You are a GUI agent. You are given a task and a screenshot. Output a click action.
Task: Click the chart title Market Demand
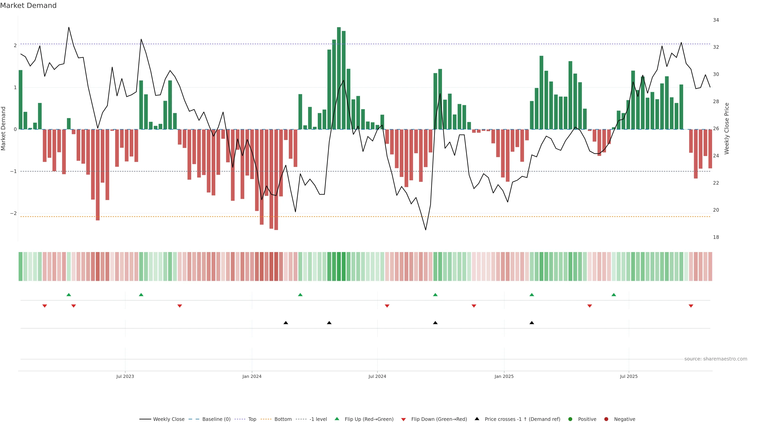(28, 6)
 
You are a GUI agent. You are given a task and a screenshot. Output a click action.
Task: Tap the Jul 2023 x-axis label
(125, 376)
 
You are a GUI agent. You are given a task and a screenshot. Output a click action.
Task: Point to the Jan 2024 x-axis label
(252, 376)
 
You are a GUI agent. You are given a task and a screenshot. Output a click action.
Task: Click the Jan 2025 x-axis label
(504, 376)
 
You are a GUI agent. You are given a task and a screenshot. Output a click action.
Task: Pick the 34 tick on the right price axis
(716, 20)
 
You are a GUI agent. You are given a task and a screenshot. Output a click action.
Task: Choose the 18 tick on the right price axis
(716, 237)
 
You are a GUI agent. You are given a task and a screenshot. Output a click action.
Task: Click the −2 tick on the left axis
(14, 213)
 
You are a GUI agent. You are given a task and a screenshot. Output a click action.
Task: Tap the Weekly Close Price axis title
(727, 128)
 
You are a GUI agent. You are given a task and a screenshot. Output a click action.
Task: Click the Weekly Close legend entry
(168, 419)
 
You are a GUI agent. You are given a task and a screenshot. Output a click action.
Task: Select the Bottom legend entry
(283, 419)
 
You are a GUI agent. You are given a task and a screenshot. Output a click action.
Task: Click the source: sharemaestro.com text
(716, 359)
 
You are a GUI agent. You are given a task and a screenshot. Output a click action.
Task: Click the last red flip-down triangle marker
(691, 306)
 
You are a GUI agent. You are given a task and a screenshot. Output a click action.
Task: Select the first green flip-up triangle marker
(69, 295)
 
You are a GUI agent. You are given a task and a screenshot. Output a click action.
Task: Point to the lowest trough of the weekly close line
(426, 230)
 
